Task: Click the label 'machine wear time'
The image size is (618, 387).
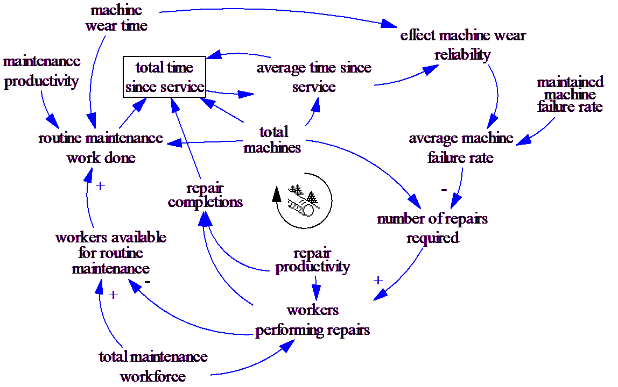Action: (x=116, y=18)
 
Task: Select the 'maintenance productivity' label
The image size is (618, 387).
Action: (x=42, y=71)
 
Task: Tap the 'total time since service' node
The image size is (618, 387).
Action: (x=164, y=77)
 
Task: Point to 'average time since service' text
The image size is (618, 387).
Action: (x=314, y=77)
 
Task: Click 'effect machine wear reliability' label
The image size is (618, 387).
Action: (x=463, y=45)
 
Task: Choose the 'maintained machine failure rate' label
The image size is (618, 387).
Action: (x=570, y=95)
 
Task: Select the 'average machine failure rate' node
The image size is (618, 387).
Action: (x=461, y=148)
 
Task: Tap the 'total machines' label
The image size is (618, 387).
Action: (x=273, y=139)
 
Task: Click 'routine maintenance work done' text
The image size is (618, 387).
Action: (x=101, y=148)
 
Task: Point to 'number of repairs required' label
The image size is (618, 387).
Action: (x=432, y=228)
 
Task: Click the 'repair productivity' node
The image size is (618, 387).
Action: (x=312, y=260)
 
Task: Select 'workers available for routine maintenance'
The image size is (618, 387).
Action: (x=110, y=253)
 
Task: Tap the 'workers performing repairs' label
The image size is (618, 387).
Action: (x=312, y=320)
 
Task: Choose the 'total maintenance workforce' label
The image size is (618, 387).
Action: (x=153, y=366)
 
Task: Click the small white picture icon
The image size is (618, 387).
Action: (x=304, y=201)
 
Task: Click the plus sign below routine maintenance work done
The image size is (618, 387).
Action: (x=99, y=185)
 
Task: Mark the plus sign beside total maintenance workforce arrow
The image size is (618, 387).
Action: (x=113, y=295)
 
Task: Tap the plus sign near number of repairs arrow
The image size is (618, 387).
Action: (x=378, y=280)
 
